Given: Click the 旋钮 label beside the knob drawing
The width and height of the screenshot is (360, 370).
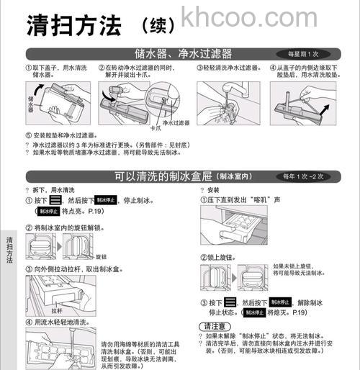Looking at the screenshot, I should pos(101,256).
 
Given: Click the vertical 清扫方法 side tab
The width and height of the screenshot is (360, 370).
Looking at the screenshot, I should pos(8,249).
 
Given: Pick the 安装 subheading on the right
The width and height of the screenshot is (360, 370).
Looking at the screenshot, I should pos(213,190).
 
